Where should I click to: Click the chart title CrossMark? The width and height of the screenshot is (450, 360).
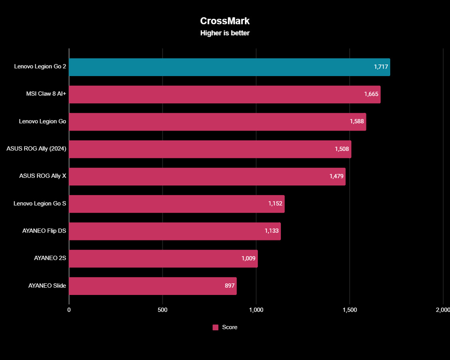pyautogui.click(x=225, y=21)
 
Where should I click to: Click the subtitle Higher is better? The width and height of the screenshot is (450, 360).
pyautogui.click(x=225, y=33)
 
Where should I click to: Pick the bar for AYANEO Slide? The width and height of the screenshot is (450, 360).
pyautogui.click(x=153, y=286)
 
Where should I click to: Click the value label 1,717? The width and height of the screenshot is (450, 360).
pyautogui.click(x=381, y=67)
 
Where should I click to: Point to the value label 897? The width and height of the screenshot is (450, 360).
pyautogui.click(x=230, y=286)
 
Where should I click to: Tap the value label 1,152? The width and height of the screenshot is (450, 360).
pyautogui.click(x=276, y=204)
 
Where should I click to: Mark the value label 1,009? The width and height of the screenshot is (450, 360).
pyautogui.click(x=248, y=259)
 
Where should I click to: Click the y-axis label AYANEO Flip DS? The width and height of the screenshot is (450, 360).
pyautogui.click(x=44, y=231)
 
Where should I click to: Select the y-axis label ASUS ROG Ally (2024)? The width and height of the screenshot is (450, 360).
pyautogui.click(x=36, y=149)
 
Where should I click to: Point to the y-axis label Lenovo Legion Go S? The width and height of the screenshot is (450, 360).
pyautogui.click(x=40, y=204)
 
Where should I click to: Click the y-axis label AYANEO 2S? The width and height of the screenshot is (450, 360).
pyautogui.click(x=50, y=259)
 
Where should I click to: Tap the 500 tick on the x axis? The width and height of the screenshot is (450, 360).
pyautogui.click(x=163, y=310)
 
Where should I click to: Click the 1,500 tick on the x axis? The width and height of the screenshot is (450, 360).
pyautogui.click(x=350, y=310)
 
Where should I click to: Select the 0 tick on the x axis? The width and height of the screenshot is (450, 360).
pyautogui.click(x=69, y=310)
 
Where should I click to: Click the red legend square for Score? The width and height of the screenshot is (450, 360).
pyautogui.click(x=216, y=327)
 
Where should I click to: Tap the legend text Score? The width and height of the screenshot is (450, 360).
pyautogui.click(x=230, y=327)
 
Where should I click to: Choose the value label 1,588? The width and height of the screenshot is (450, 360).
pyautogui.click(x=357, y=121)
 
